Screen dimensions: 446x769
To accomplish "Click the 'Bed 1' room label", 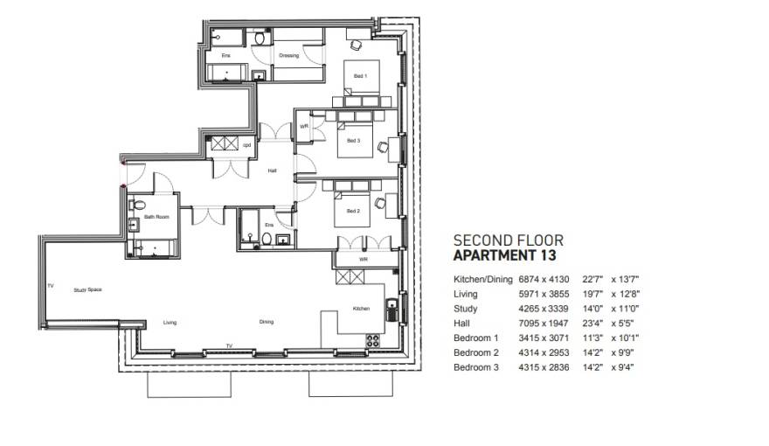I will (360, 76).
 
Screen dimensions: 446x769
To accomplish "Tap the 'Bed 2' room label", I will (352, 211).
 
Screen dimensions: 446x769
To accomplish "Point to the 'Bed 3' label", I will (352, 141).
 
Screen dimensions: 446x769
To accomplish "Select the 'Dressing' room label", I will (288, 56).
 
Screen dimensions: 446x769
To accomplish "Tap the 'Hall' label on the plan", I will (272, 171).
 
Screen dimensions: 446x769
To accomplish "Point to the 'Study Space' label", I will (87, 289).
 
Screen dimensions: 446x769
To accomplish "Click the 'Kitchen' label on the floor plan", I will (362, 309).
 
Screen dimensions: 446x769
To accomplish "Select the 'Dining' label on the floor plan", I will (266, 322).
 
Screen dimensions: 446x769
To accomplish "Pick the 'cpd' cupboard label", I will (246, 145).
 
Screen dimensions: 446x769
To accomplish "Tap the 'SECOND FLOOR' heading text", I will (509, 240).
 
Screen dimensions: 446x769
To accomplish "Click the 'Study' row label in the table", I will (465, 308).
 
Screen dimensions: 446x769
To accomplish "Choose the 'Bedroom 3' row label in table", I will (475, 367).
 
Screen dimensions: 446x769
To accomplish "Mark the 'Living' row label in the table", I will (465, 294).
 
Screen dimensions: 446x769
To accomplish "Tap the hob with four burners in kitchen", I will (372, 338).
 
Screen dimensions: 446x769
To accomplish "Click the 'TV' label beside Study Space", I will (50, 286).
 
